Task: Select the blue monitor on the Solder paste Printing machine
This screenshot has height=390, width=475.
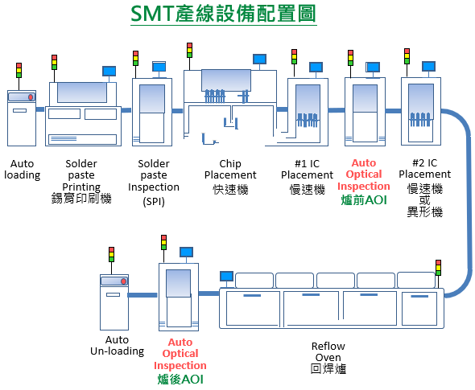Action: [108, 71]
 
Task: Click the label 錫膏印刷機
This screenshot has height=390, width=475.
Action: [81, 198]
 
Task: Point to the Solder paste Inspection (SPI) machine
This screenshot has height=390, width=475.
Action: [152, 113]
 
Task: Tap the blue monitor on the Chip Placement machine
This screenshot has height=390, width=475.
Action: [259, 59]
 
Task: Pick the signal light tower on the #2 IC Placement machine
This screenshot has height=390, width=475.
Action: [407, 57]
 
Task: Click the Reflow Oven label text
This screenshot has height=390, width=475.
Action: [328, 352]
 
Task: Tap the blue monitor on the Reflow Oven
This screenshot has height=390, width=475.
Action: [226, 276]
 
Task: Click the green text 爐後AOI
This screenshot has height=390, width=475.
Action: [180, 378]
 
